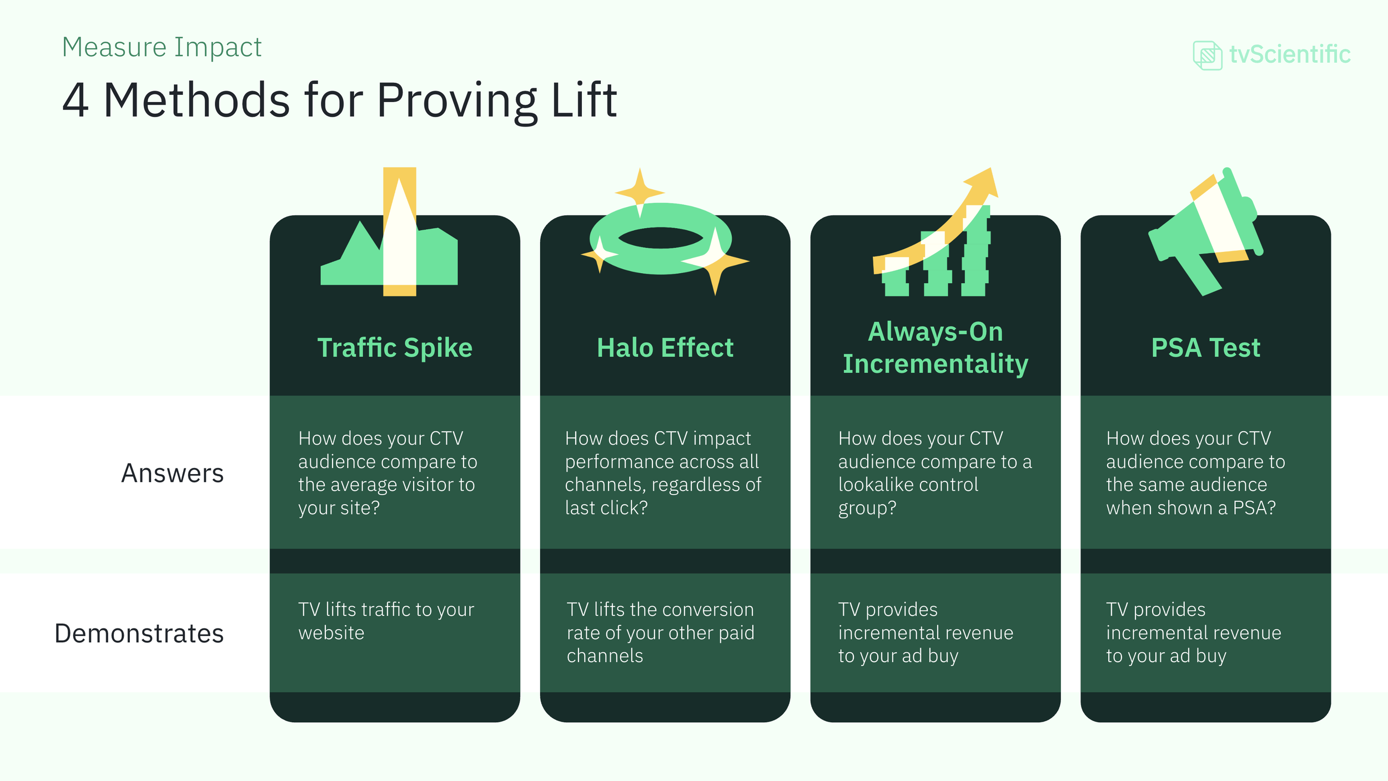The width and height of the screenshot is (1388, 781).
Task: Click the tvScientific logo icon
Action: tap(1207, 55)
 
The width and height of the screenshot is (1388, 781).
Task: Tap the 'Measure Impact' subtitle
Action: tap(162, 47)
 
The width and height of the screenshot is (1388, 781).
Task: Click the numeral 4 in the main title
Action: tap(76, 100)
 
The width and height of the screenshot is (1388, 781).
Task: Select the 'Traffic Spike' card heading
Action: tap(395, 348)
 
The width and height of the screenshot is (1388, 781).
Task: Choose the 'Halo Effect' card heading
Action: tap(665, 348)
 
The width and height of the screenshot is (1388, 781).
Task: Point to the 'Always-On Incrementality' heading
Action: tap(936, 347)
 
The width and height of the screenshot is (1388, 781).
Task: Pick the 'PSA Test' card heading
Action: tap(1205, 348)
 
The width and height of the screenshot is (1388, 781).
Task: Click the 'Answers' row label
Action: tap(172, 473)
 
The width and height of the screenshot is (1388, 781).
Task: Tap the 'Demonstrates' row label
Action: tap(139, 633)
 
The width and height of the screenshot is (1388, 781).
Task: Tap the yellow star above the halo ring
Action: tap(640, 192)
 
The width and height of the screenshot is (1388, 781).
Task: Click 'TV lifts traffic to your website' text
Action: tap(386, 621)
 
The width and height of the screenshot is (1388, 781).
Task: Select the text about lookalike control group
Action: tap(934, 473)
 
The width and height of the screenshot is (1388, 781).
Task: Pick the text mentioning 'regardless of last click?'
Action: tap(663, 473)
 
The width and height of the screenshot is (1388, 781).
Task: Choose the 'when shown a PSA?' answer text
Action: tap(1195, 473)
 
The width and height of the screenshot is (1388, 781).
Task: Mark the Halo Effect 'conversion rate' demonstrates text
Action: tap(660, 633)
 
